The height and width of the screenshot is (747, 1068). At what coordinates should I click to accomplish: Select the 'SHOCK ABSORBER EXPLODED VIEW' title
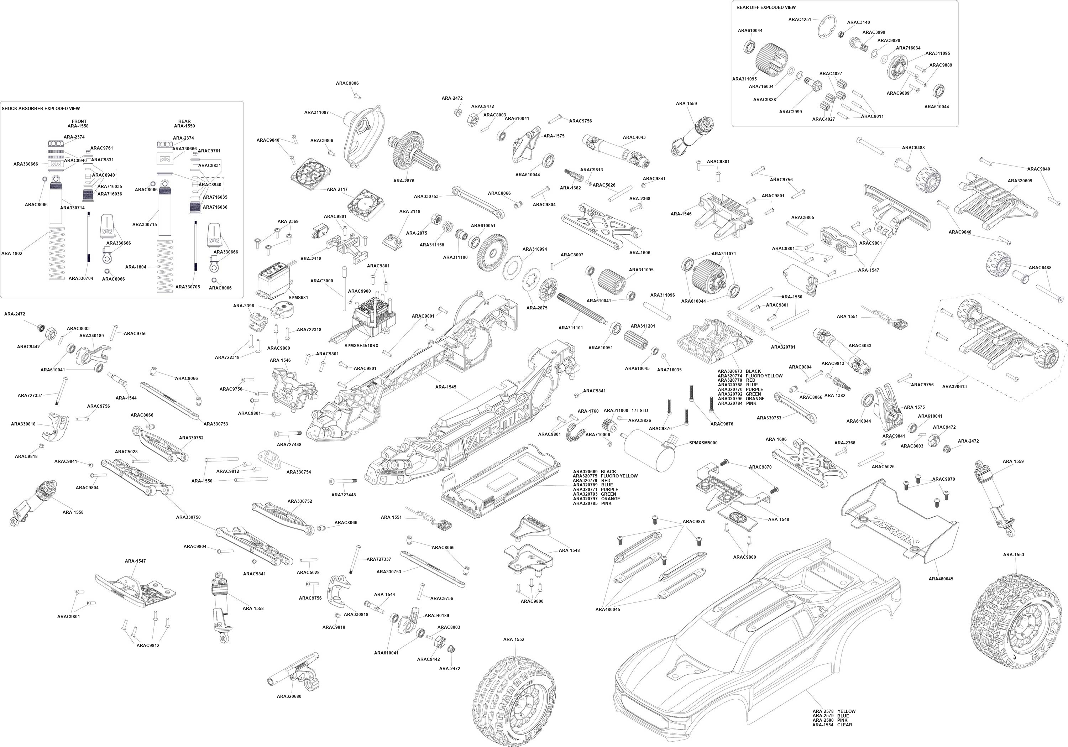(41, 108)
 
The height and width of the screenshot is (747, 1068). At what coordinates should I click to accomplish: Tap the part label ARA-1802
(12, 254)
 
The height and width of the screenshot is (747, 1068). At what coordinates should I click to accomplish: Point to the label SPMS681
(298, 297)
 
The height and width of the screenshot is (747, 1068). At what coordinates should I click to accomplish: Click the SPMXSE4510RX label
(361, 346)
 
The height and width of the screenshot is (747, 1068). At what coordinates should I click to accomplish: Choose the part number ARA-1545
(446, 387)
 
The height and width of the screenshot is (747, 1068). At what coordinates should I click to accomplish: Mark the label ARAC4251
(800, 20)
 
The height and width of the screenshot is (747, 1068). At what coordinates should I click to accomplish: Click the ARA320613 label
(954, 387)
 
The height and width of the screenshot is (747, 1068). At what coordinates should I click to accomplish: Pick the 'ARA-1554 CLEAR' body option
(832, 725)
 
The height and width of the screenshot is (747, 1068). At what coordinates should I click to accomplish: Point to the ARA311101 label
(571, 328)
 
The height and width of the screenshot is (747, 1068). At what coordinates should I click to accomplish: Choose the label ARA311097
(316, 113)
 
